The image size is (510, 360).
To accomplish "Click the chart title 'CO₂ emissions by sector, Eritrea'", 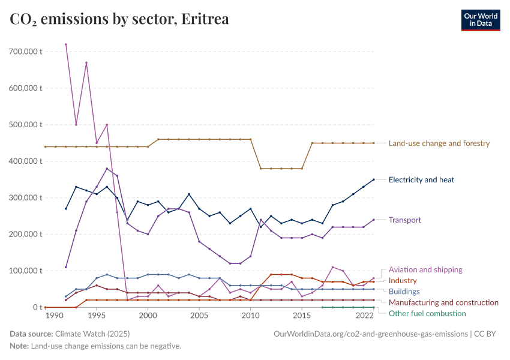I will pos(119,19).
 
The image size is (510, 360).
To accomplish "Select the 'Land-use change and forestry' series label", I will pos(439,143).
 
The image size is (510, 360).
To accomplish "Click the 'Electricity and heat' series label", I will pos(421,179).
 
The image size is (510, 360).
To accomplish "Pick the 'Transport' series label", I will pos(404,220).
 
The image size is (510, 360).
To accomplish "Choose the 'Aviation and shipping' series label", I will pos(425,270).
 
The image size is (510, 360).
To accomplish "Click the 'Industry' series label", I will pos(403,281).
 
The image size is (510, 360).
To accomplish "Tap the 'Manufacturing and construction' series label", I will pos(443,302).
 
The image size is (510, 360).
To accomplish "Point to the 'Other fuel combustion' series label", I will pos(427,313).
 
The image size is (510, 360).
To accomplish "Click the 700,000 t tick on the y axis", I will pos(25,52).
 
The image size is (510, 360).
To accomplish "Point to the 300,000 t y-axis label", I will pos(25,197).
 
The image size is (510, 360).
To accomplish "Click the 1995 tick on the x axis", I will pos(97,316).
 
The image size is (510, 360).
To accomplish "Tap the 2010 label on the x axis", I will pos(251,316).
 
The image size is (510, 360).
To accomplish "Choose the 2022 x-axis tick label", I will pos(364,316).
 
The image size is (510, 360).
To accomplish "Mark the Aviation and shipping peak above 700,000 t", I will pos(66,44).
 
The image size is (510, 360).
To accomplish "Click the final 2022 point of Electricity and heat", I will pos(374,179).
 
